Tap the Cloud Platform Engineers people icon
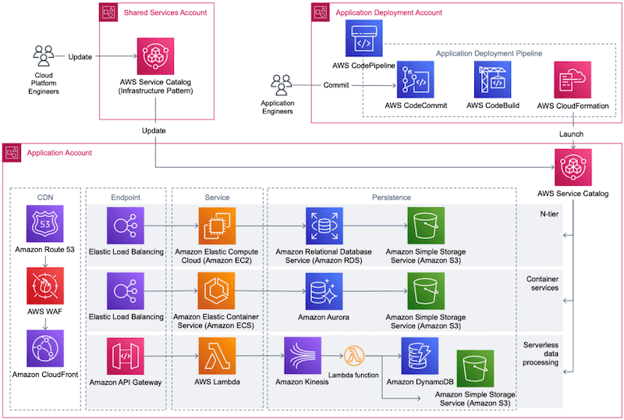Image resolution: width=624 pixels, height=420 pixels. [x=44, y=57]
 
